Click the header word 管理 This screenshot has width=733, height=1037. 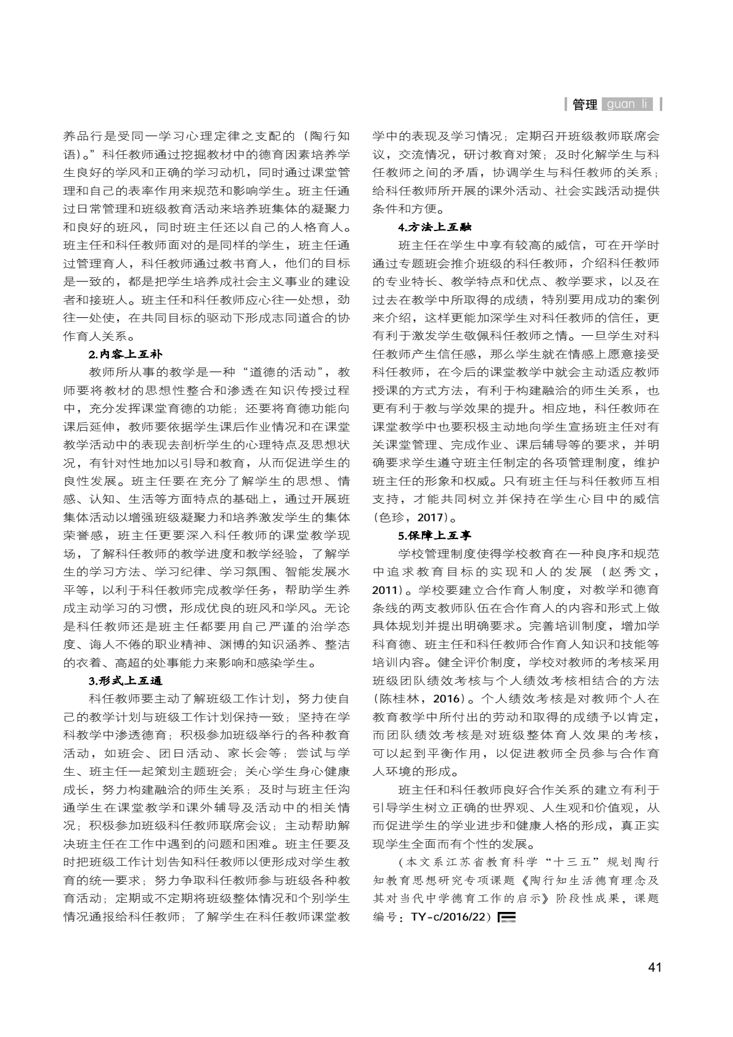click(585, 105)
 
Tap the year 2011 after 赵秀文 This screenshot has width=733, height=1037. click(386, 590)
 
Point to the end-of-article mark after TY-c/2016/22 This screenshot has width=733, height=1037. click(506, 917)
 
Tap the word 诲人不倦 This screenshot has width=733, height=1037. click(115, 645)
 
